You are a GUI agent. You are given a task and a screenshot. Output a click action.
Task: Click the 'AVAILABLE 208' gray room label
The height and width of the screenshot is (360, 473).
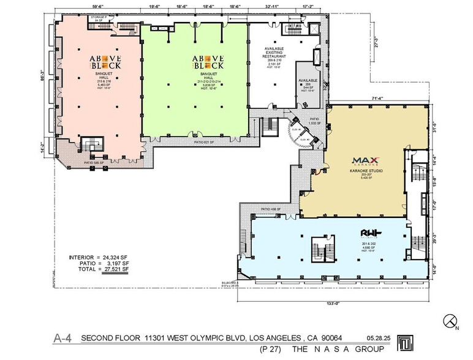(x=308, y=84)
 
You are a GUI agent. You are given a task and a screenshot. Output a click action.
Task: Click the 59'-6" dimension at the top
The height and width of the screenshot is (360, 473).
(x=98, y=7)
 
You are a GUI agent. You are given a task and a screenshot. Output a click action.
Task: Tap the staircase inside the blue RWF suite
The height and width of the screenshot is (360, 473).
(x=319, y=253)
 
